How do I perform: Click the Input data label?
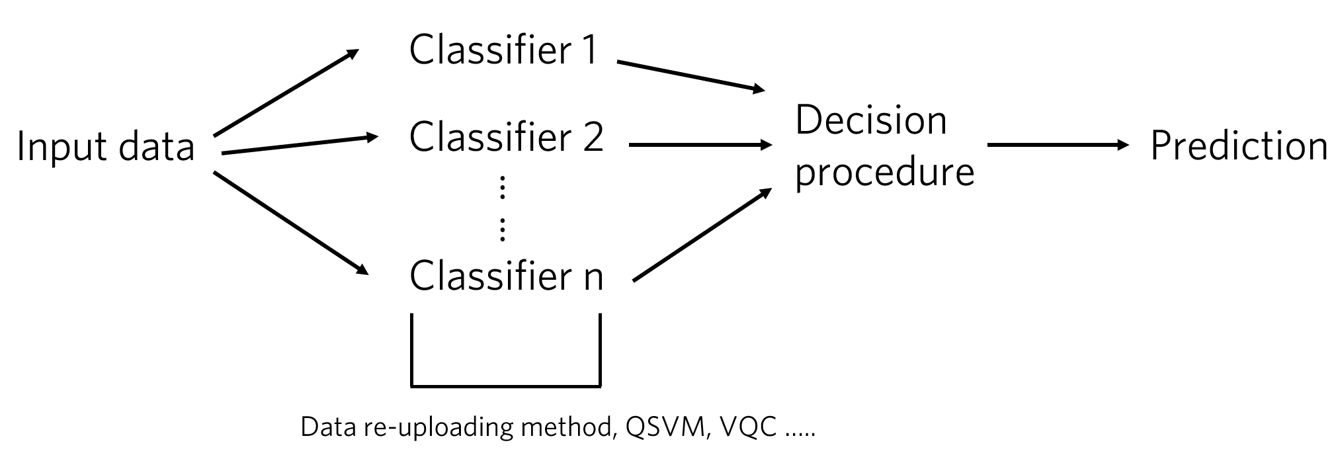pos(106,147)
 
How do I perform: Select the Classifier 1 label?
pos(504,50)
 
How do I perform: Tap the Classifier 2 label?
pos(507,138)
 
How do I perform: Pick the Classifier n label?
pos(507,276)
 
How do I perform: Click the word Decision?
pos(871,121)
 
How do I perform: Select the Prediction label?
pos(1239,147)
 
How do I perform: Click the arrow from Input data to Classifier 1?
pos(286,93)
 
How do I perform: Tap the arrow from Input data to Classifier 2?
pos(299,146)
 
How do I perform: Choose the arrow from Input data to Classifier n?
pos(290,222)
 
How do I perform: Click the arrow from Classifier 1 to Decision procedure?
pos(690,76)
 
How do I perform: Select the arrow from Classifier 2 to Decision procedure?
pos(700,144)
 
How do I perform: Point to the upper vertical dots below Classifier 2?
pos(503,188)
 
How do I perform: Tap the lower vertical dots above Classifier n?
pos(503,228)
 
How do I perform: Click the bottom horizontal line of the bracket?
pos(506,384)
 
